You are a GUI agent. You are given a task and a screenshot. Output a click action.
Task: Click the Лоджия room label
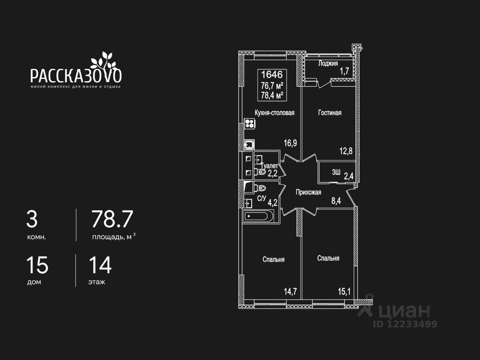point(328,63)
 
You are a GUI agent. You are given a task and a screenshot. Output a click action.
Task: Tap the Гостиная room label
point(330,112)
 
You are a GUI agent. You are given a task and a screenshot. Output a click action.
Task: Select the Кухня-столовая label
point(274,112)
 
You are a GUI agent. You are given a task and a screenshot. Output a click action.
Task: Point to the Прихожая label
point(308,192)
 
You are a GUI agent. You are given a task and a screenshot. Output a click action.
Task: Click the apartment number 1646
point(272,74)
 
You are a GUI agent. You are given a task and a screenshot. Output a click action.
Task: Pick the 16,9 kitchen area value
point(290,143)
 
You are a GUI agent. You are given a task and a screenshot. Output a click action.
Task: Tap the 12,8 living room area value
point(346,151)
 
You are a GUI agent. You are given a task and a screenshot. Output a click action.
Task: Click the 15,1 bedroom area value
point(344,291)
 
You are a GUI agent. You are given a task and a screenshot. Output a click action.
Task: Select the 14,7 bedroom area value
point(290,291)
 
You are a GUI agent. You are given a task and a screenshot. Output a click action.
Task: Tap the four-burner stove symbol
point(250,124)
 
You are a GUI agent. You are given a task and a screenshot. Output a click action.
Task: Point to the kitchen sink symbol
point(249,144)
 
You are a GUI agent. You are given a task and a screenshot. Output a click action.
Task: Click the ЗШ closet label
point(336,172)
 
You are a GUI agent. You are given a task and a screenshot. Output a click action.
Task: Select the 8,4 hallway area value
point(336,201)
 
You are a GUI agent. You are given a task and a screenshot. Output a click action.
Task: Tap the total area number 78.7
point(112,219)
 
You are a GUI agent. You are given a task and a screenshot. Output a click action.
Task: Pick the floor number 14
point(100,265)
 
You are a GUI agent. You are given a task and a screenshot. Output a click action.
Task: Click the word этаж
point(97,282)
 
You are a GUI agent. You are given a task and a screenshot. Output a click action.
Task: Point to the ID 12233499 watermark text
point(405,324)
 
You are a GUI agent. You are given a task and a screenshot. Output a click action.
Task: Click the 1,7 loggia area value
point(344,71)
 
